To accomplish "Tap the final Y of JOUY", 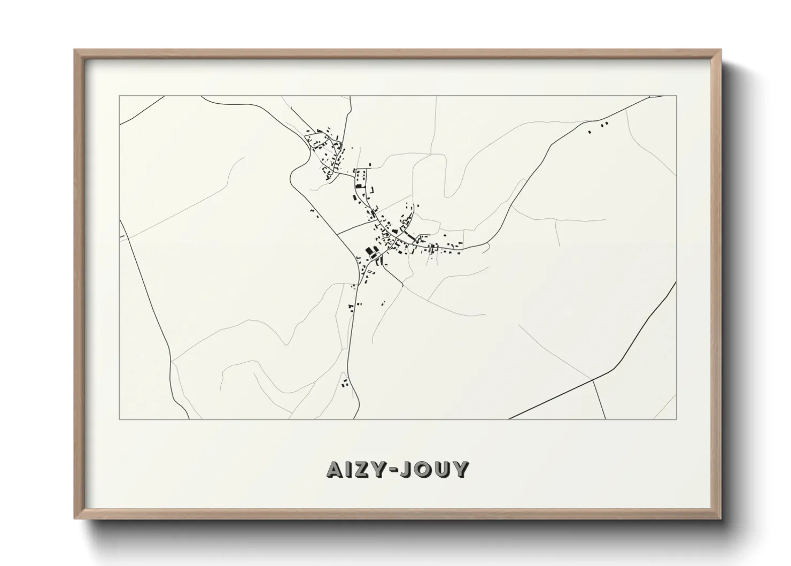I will [x=462, y=469].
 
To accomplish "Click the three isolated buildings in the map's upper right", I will [x=599, y=127].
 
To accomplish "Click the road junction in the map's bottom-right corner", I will [x=593, y=379].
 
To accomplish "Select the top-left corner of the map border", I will [x=119, y=96].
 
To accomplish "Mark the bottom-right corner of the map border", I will [x=676, y=419].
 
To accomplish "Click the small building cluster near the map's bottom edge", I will [x=345, y=383].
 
